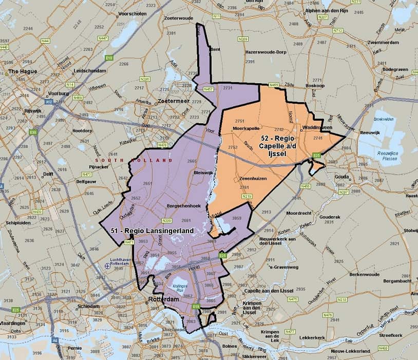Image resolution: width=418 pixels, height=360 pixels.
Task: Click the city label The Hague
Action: click(x=23, y=71)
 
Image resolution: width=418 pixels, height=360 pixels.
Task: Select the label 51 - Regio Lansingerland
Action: click(x=152, y=231)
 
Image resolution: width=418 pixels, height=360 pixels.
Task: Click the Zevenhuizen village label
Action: click(x=255, y=178)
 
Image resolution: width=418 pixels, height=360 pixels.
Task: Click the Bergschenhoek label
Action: click(x=184, y=205)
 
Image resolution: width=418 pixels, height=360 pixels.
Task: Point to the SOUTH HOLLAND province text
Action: click(x=134, y=161)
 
